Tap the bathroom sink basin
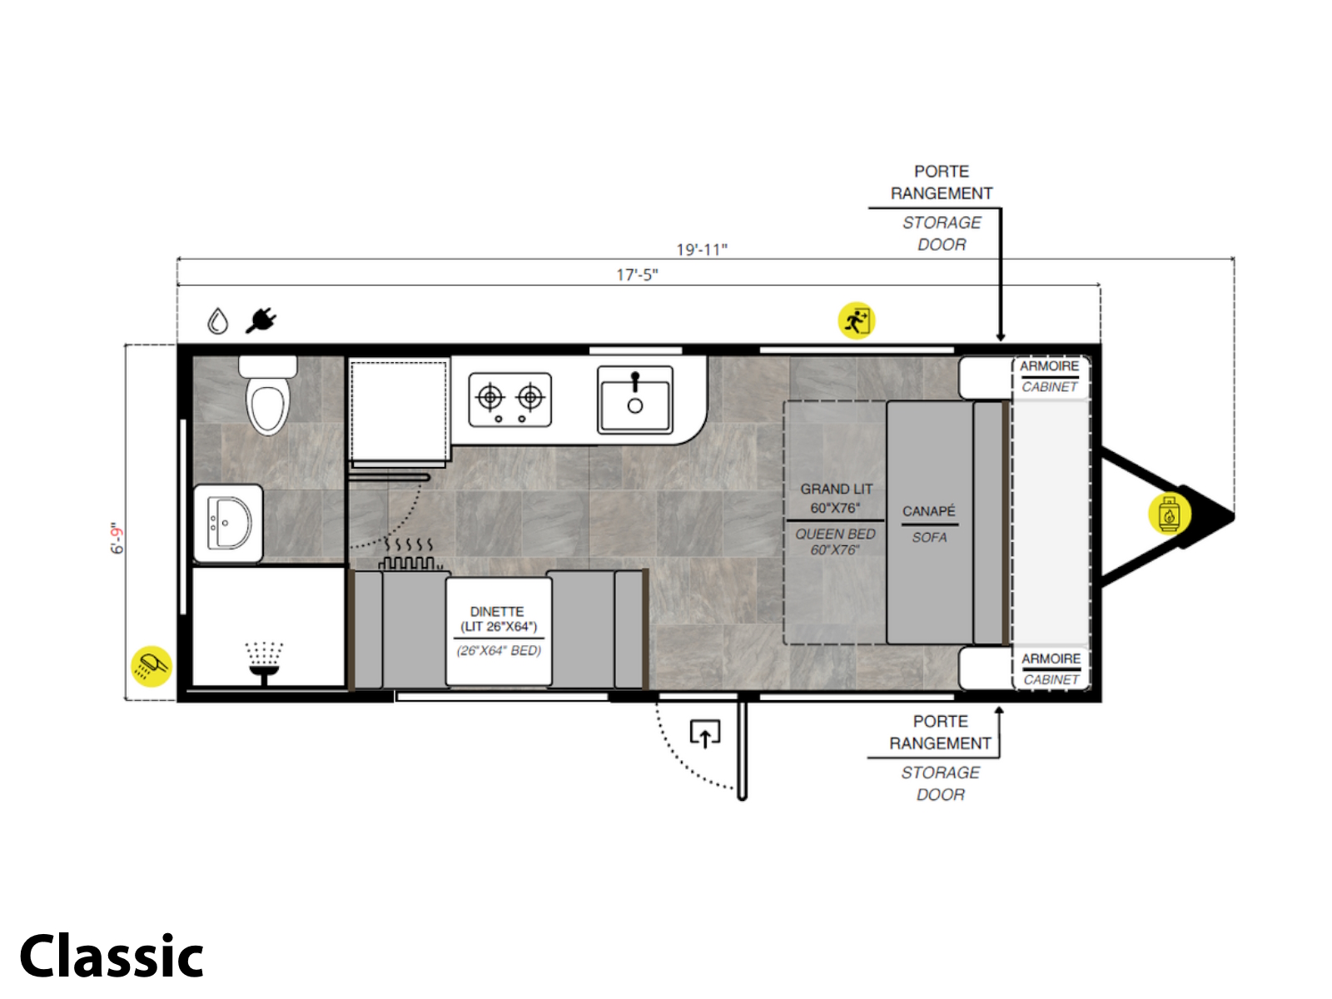click(227, 522)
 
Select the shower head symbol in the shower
click(264, 663)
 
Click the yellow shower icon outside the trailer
click(152, 665)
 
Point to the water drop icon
click(217, 321)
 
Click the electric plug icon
click(261, 321)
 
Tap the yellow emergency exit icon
click(855, 321)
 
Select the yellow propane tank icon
click(1169, 514)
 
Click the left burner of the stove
click(490, 398)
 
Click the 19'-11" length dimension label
click(701, 249)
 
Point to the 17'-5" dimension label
click(637, 275)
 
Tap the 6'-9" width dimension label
click(117, 538)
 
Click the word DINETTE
click(496, 611)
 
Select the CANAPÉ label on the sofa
click(928, 510)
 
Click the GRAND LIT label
click(836, 489)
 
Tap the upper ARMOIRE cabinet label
click(1048, 365)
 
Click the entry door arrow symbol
click(704, 734)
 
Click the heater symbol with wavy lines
click(408, 553)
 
